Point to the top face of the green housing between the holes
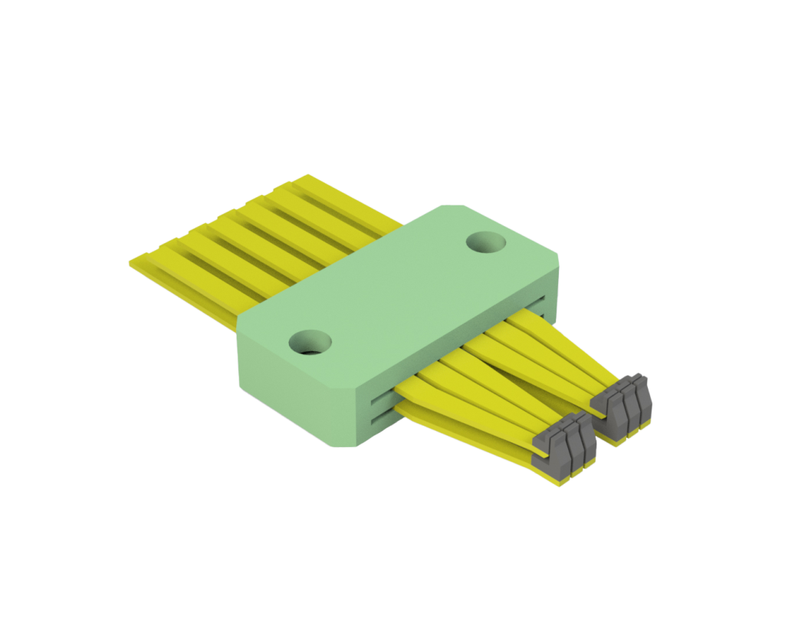(399, 291)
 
